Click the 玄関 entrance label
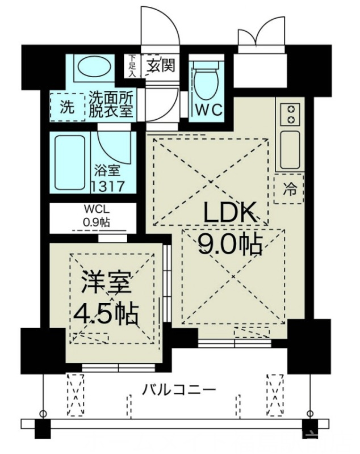click(x=160, y=65)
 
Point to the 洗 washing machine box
click(x=67, y=106)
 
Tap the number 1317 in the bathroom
click(x=107, y=185)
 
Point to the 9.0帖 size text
click(x=230, y=244)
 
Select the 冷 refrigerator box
click(x=290, y=189)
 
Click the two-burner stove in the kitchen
click(x=291, y=113)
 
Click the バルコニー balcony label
click(x=179, y=391)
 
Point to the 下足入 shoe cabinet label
click(x=132, y=65)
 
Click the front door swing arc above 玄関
click(x=160, y=26)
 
